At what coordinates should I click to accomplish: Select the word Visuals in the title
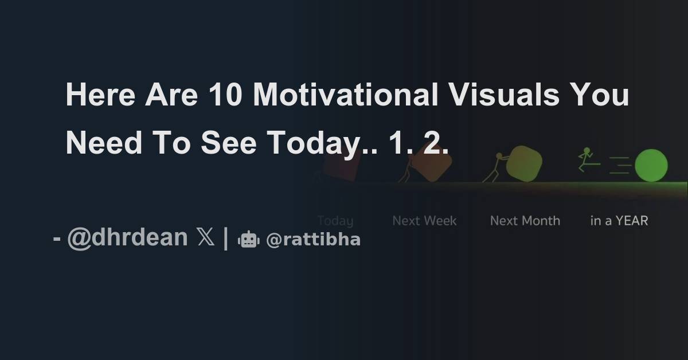[x=503, y=96]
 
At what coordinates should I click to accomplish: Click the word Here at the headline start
[x=100, y=96]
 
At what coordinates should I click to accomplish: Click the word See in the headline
[x=228, y=143]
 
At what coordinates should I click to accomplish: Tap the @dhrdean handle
[x=127, y=237]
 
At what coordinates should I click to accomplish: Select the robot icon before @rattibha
[x=248, y=240]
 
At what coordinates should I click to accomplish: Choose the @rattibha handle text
[x=313, y=240]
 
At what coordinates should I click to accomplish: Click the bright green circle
[x=651, y=166]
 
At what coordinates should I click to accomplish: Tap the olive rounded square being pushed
[x=523, y=163]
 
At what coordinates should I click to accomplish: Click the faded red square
[x=341, y=166]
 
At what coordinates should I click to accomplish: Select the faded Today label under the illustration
[x=335, y=221]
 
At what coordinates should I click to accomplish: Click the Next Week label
[x=424, y=221]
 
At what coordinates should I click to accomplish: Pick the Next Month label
[x=525, y=221]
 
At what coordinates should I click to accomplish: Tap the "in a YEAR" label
[x=619, y=221]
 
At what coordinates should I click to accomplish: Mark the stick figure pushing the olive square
[x=494, y=167]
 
